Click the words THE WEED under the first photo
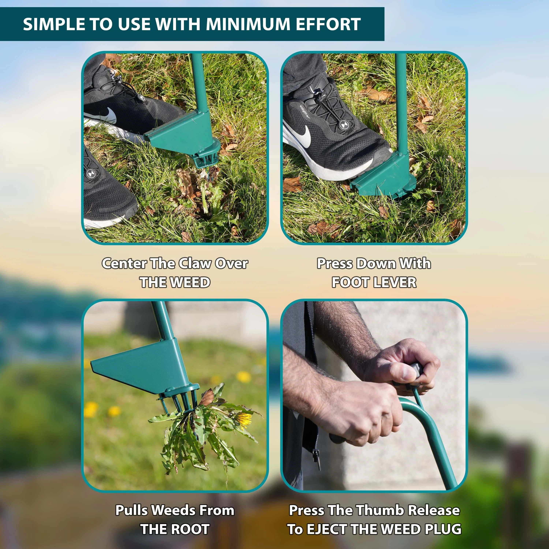pyautogui.click(x=175, y=282)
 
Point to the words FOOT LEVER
pyautogui.click(x=374, y=282)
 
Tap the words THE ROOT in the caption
pyautogui.click(x=175, y=529)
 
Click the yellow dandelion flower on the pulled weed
pyautogui.click(x=244, y=421)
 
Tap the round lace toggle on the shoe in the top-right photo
pyautogui.click(x=344, y=125)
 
